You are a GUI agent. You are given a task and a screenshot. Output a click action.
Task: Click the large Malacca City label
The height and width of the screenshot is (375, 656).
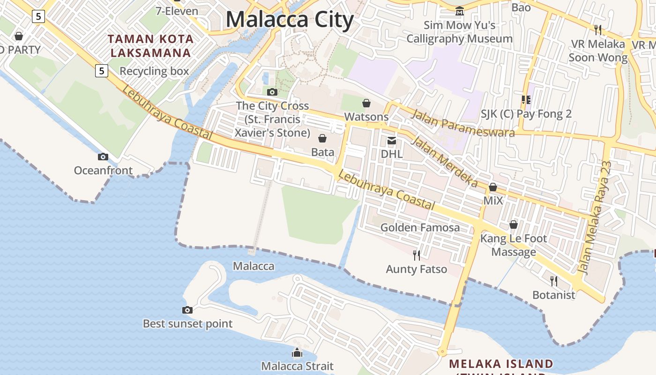[x=289, y=20]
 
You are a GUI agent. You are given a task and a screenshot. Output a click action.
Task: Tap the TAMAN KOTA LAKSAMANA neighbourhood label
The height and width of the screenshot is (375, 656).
[x=150, y=46]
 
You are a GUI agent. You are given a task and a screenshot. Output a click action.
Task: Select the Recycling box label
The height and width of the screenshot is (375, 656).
[x=154, y=71]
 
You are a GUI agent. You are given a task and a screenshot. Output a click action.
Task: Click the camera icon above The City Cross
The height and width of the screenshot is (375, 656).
[x=272, y=92]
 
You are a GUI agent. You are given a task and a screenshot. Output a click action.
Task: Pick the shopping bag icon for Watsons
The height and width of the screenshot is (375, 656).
[x=366, y=103]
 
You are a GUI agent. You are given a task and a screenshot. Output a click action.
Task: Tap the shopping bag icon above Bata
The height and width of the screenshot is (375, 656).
[x=322, y=138]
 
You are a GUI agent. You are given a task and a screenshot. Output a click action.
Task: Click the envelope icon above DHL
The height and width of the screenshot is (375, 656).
[x=391, y=140]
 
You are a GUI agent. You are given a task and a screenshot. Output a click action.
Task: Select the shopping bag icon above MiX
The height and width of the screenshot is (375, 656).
[x=493, y=187]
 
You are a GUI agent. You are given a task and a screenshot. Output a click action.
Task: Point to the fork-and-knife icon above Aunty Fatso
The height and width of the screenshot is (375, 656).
[x=416, y=255]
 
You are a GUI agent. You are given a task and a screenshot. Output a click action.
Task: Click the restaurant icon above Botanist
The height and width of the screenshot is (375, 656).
[x=554, y=281]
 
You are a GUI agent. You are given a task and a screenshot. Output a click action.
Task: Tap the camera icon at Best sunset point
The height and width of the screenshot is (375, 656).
[x=187, y=310]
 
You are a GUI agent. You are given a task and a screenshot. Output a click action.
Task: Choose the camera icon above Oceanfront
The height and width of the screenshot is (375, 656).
[x=103, y=157]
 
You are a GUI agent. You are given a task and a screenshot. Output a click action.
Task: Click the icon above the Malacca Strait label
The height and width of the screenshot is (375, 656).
[x=297, y=352]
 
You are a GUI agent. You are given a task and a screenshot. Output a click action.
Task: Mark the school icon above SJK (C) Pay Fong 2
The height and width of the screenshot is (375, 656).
[x=526, y=100]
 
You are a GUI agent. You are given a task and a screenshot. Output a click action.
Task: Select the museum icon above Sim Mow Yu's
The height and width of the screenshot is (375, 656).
[x=460, y=11]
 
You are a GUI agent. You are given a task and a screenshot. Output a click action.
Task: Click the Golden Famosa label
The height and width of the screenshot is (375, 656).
[x=420, y=228]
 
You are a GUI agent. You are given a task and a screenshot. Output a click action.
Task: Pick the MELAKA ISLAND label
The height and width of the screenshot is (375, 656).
[x=501, y=364]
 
